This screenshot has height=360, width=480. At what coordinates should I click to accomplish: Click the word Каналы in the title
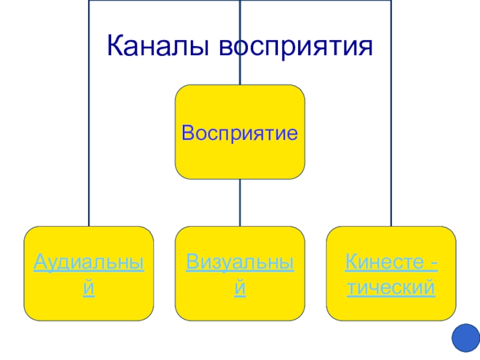click(158, 46)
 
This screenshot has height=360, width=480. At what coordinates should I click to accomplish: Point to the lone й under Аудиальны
click(88, 289)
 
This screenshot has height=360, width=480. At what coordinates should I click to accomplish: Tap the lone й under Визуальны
click(240, 289)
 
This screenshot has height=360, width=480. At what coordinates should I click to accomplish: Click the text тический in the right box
click(391, 289)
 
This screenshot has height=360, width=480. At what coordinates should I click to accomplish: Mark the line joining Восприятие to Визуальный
click(240, 203)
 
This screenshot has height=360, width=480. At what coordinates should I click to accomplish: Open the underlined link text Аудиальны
click(88, 262)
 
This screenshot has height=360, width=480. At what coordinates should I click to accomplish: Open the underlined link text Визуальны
click(240, 262)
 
